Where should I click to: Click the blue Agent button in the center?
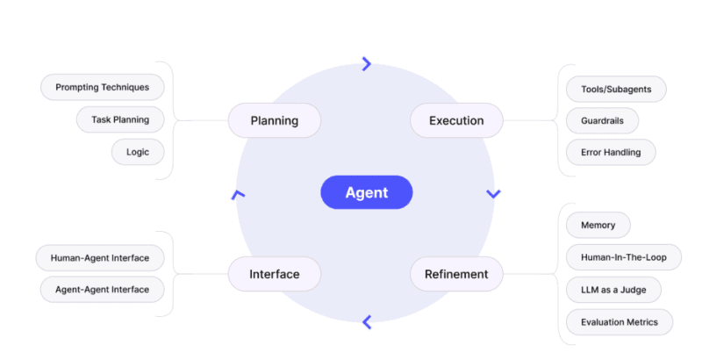click(x=366, y=192)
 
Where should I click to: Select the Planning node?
click(x=274, y=120)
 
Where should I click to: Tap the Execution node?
click(x=456, y=120)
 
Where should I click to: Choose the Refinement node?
click(x=456, y=274)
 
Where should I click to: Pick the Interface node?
click(x=274, y=274)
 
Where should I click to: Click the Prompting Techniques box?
click(x=102, y=87)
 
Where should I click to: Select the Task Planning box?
click(x=120, y=119)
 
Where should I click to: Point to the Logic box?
click(x=138, y=152)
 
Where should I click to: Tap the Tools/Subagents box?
click(x=616, y=89)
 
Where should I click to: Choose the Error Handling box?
click(x=611, y=152)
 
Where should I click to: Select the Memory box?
click(x=598, y=225)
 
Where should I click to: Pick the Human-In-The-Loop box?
click(x=623, y=257)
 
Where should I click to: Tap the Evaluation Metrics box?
click(x=620, y=322)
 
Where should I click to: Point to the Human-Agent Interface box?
click(x=99, y=258)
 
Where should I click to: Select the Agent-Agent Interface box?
click(x=102, y=289)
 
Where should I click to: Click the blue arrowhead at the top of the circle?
click(x=367, y=63)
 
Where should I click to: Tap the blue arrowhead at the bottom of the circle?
click(x=367, y=322)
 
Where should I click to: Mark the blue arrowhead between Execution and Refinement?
click(x=493, y=193)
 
